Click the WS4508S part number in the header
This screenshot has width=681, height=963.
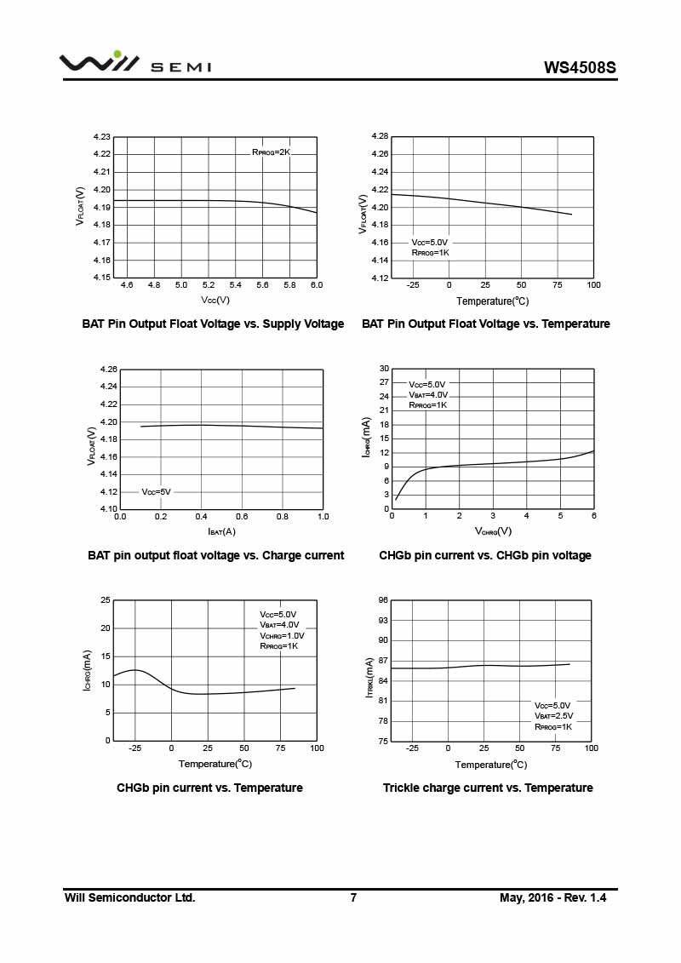click(580, 66)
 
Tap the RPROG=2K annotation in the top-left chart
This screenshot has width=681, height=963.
click(272, 152)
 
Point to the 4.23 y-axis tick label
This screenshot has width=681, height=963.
click(102, 136)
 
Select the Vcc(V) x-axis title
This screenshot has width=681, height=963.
click(215, 300)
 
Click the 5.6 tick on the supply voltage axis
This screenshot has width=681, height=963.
click(262, 284)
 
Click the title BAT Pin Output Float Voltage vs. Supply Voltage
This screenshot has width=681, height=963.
click(213, 324)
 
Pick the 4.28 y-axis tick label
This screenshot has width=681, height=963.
click(380, 136)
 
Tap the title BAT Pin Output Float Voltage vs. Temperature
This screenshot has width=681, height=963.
click(486, 324)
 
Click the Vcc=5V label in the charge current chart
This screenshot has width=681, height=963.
click(156, 491)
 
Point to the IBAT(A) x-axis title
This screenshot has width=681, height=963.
click(222, 531)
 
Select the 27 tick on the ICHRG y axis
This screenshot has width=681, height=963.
click(384, 382)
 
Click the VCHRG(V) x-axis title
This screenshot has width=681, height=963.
click(493, 531)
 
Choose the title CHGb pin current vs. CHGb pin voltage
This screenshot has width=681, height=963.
click(485, 555)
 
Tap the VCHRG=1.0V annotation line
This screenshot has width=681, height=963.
click(282, 635)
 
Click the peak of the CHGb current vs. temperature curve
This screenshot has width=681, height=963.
click(134, 670)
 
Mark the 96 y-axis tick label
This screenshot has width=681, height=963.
click(383, 600)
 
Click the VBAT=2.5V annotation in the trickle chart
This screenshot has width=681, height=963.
click(553, 716)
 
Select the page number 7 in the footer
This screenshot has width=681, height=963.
click(353, 897)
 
